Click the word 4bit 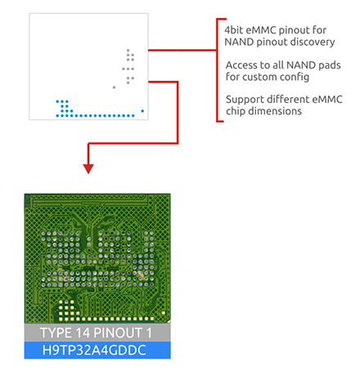point(233,30)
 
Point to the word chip point(236,111)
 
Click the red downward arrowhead point(88,168)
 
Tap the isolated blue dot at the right point(142,111)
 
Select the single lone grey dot point(114,87)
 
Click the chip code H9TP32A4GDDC point(94,350)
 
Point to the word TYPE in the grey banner point(56,333)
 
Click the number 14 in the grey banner point(83,333)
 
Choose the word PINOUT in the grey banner point(118,333)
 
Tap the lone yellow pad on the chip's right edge point(164,313)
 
